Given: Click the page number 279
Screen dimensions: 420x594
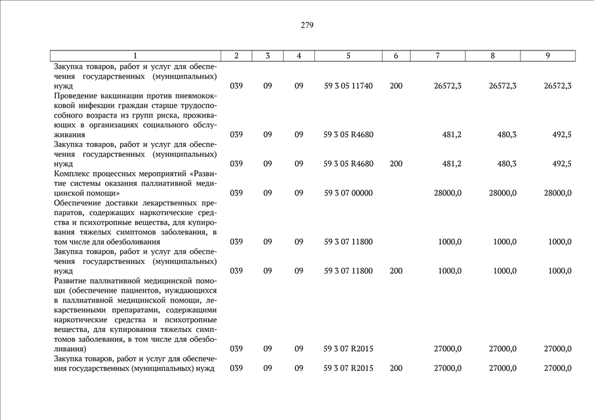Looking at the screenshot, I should click(307, 26).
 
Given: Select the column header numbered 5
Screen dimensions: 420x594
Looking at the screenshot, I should click(348, 56).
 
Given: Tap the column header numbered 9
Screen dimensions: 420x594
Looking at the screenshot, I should click(547, 56).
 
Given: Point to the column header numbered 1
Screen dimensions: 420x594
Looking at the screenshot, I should click(135, 56).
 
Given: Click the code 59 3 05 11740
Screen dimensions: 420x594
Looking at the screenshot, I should click(348, 86).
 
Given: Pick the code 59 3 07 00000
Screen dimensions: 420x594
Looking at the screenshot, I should click(348, 193).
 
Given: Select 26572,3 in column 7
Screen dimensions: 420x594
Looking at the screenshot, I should click(448, 86).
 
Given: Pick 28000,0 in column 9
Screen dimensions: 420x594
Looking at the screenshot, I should click(557, 193).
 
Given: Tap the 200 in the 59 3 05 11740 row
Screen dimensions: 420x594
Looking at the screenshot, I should click(396, 86).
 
